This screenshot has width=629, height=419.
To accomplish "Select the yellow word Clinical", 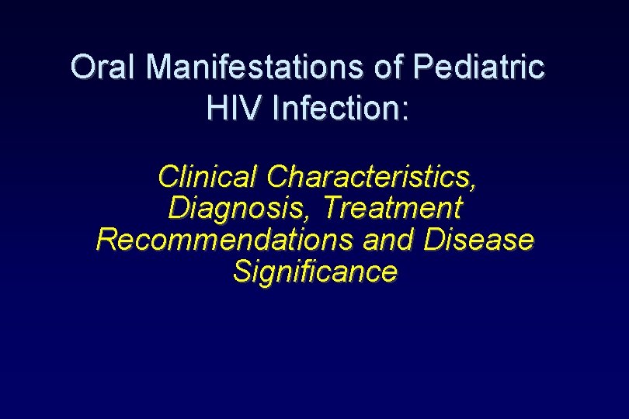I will point(208,176).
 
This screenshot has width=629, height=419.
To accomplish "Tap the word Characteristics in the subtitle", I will point(369,176).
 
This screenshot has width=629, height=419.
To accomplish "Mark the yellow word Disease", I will point(479,240).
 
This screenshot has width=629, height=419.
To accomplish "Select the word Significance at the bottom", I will point(315,272).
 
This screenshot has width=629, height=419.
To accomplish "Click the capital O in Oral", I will point(81,68).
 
